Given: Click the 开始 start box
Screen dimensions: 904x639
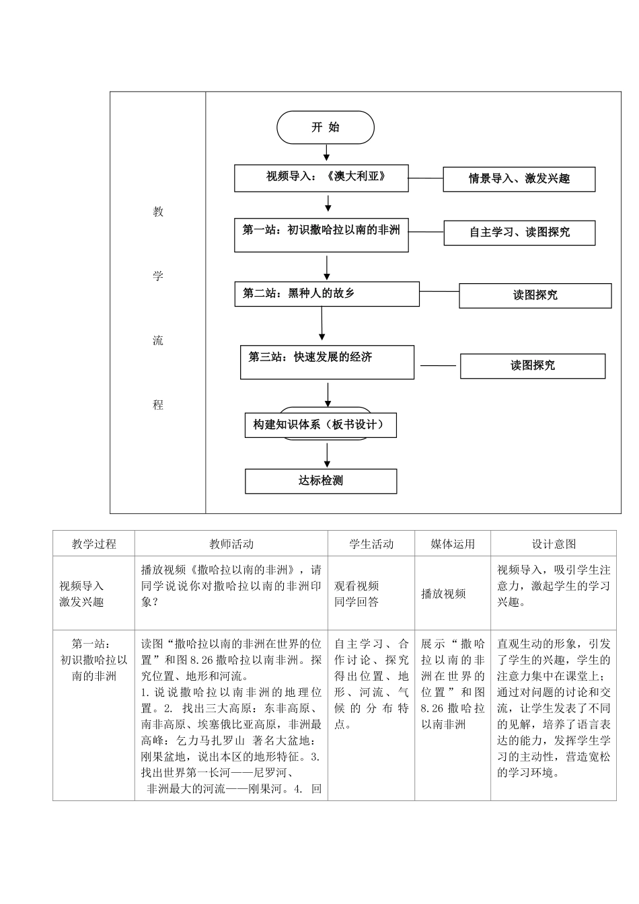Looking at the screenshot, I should click(x=325, y=128).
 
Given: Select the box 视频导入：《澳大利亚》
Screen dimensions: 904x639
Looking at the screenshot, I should click(x=322, y=178).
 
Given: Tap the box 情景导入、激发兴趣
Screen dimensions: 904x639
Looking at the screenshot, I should click(x=519, y=179).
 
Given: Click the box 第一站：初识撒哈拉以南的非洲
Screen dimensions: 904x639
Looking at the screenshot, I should click(x=322, y=235).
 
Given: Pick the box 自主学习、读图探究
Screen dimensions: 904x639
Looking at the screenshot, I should click(x=519, y=233).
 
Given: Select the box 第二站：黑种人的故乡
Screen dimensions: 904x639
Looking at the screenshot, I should click(x=326, y=294).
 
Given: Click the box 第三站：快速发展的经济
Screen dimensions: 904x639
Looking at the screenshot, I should click(x=327, y=362).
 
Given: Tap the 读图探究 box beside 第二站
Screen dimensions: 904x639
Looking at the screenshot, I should click(x=535, y=295).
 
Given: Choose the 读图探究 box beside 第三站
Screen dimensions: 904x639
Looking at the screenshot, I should click(x=532, y=366).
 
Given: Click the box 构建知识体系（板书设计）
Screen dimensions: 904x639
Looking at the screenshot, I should click(x=320, y=425).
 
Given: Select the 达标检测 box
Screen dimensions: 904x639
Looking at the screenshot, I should click(x=321, y=481).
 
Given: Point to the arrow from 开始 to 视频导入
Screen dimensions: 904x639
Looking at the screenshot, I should click(x=327, y=154).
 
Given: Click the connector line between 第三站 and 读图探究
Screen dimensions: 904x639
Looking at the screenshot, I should click(x=437, y=366).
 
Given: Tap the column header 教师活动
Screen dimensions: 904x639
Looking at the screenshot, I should click(x=231, y=543).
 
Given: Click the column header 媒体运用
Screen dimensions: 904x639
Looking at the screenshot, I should click(x=453, y=543).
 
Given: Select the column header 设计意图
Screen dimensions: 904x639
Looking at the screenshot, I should click(x=554, y=543).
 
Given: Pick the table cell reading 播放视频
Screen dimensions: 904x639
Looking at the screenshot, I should click(x=444, y=594).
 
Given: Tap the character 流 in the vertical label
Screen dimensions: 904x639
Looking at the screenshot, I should click(x=158, y=340).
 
